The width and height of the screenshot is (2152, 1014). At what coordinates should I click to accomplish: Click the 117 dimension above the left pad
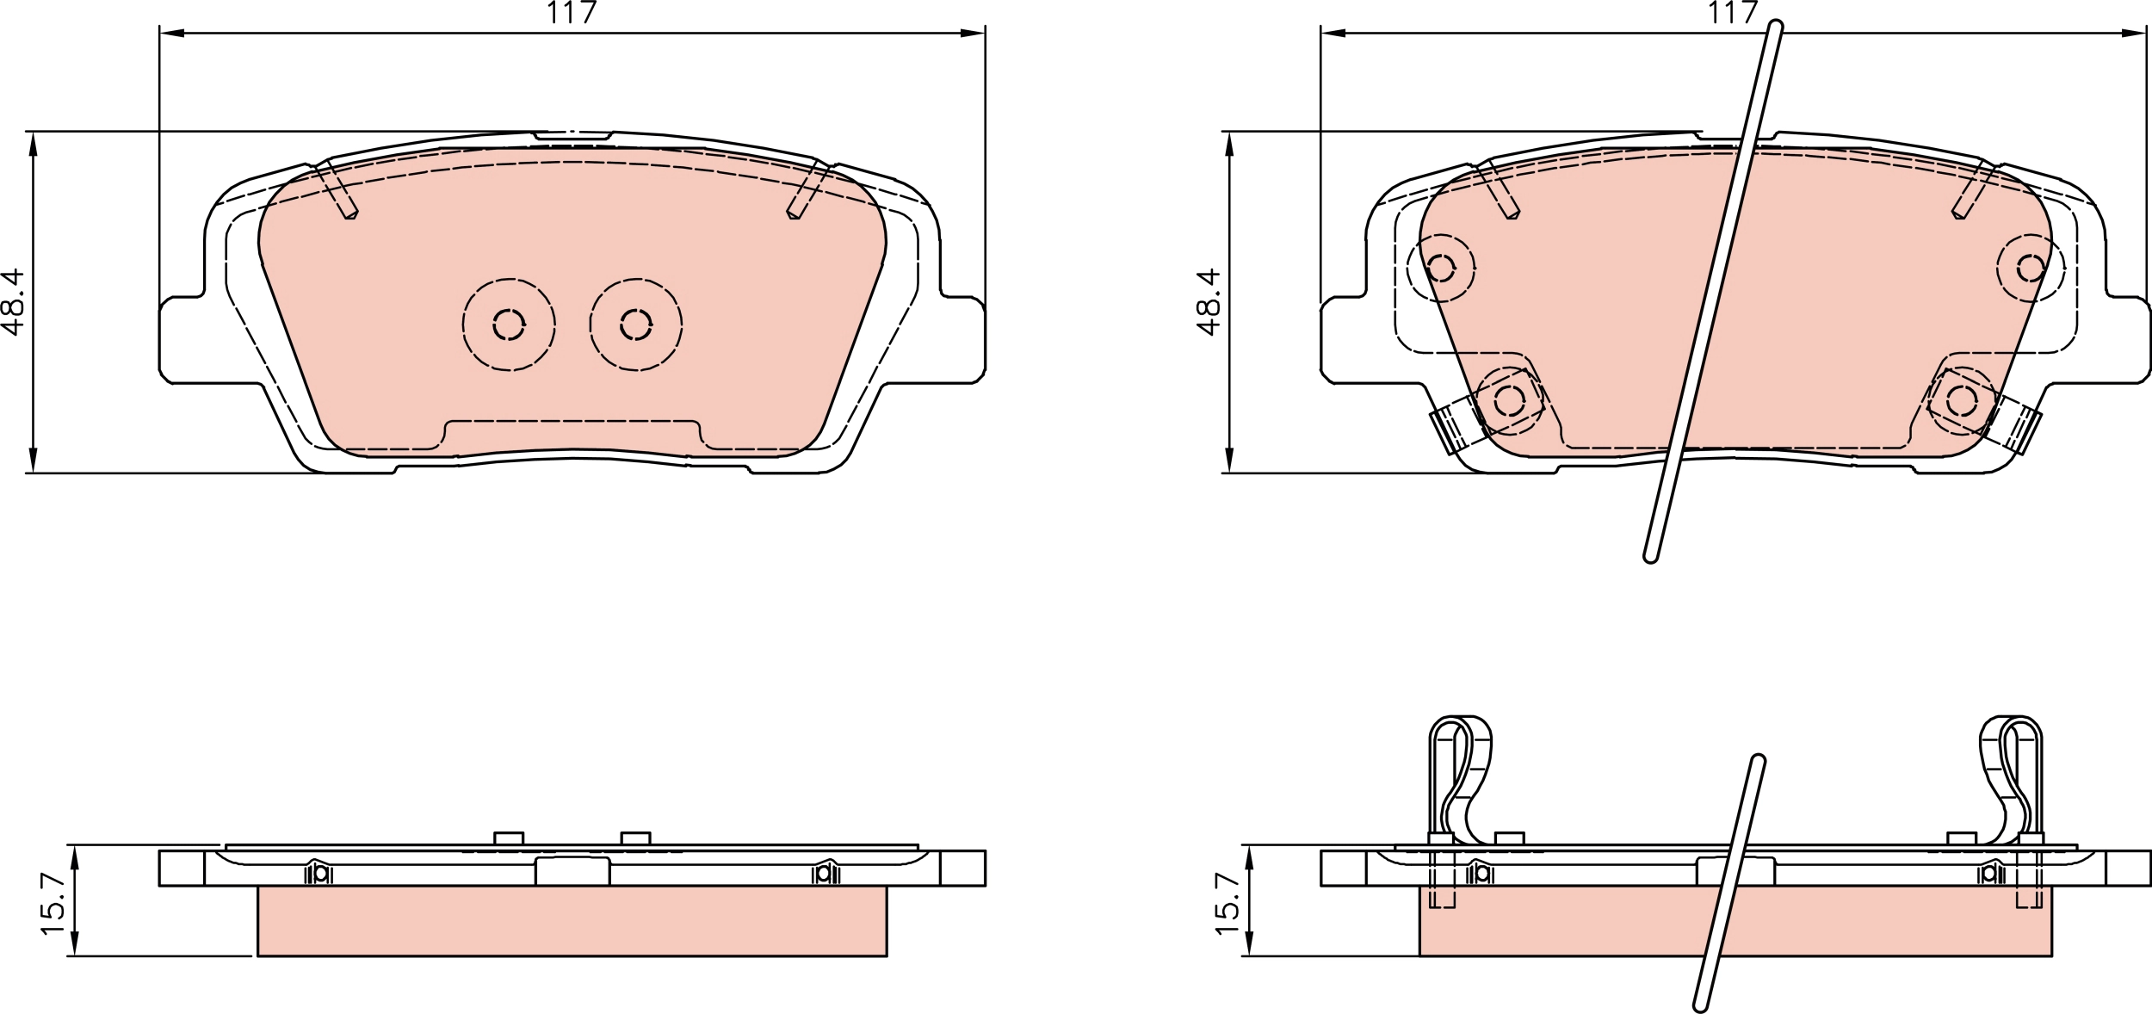click(x=571, y=13)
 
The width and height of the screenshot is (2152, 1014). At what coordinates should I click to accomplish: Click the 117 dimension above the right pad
click(x=1732, y=13)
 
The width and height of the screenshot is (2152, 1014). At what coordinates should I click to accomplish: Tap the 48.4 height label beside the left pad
click(x=13, y=301)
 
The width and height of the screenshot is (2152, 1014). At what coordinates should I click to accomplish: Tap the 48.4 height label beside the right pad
click(x=1209, y=301)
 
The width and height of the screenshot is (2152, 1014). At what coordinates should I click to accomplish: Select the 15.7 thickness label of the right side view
click(x=1228, y=904)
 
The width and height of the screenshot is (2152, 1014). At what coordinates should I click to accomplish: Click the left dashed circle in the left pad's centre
click(x=509, y=325)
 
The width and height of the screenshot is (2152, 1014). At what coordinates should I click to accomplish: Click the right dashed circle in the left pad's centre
click(x=636, y=325)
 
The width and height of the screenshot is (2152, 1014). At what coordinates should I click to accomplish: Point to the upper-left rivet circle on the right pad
click(x=1440, y=268)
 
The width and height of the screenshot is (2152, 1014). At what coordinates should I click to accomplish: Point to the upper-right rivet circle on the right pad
click(x=2031, y=268)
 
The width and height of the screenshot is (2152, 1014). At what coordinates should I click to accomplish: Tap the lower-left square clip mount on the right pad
click(x=1509, y=399)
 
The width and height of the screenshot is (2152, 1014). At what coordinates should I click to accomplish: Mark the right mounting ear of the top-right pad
click(x=2126, y=340)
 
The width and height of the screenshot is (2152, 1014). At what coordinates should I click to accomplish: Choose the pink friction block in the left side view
click(x=572, y=920)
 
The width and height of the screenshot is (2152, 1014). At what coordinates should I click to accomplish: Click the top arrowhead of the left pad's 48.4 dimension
click(x=34, y=144)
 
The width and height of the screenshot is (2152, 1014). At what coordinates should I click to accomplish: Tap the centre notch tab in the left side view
click(x=572, y=870)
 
